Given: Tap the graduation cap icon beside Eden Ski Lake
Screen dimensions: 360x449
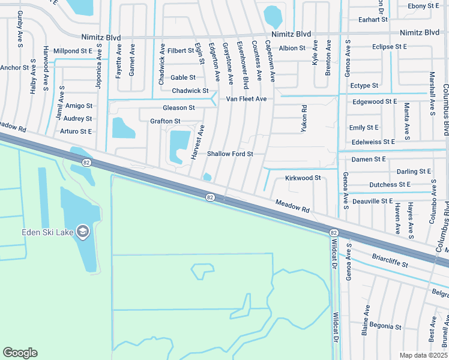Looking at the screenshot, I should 82,231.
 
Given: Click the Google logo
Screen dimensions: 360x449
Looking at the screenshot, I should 20,353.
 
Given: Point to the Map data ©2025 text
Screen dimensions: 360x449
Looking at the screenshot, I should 423,355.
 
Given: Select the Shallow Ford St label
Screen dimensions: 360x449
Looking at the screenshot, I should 230,154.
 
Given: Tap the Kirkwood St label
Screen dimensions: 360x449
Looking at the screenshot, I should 303,178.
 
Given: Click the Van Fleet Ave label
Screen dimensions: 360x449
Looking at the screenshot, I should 246,98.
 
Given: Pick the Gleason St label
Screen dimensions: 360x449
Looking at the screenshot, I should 179,107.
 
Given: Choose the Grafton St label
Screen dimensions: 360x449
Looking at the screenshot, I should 165,121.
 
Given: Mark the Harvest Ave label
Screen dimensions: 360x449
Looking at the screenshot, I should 197,142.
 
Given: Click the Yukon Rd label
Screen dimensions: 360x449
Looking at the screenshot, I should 304,118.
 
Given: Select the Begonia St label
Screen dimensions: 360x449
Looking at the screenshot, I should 385,326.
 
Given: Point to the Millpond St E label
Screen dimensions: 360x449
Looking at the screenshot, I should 73,51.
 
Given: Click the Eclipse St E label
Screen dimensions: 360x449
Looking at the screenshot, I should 390,46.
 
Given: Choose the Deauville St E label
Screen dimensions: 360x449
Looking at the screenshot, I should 372,200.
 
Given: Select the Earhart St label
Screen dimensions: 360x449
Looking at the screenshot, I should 373,19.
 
